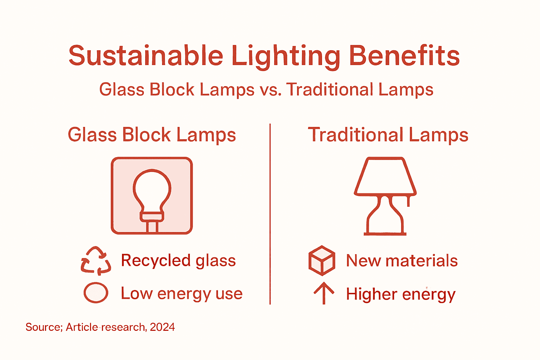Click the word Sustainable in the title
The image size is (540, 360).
(146, 56)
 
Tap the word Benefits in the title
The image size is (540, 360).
(404, 56)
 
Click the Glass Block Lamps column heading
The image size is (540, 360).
(152, 135)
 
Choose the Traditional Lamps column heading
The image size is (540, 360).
(388, 135)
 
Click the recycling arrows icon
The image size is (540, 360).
(96, 261)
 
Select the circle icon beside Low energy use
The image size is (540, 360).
(96, 292)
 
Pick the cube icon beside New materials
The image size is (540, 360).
(322, 261)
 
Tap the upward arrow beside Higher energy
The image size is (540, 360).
(323, 293)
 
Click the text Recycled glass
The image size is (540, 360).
(178, 261)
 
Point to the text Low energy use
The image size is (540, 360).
(181, 294)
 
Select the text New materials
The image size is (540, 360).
(402, 261)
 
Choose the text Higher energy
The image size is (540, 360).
(401, 294)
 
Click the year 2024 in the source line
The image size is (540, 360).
(162, 327)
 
